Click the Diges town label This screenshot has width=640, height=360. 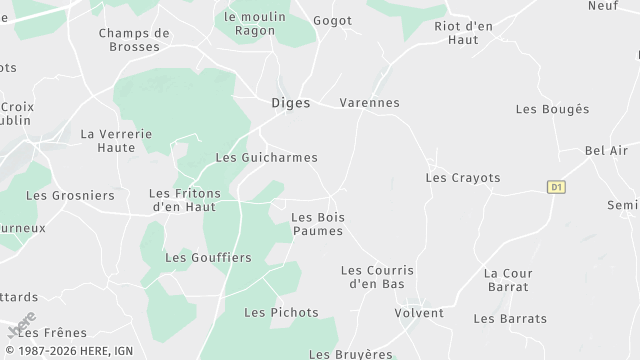point(291,102)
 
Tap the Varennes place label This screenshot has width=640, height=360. point(369,103)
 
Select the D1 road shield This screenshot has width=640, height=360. point(556,186)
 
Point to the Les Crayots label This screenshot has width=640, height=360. point(462,178)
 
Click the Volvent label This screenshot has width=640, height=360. point(419,313)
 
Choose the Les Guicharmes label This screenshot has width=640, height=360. point(266,158)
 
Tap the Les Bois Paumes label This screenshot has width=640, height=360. point(316,224)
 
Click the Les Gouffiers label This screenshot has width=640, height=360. point(208,257)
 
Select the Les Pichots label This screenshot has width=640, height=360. point(281,313)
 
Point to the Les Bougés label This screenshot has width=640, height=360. point(552,109)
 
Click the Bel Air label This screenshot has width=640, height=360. point(606,151)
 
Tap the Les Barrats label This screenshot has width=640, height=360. point(510,319)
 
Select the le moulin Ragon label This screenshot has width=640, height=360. point(254,24)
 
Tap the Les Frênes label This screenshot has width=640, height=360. point(57,333)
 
